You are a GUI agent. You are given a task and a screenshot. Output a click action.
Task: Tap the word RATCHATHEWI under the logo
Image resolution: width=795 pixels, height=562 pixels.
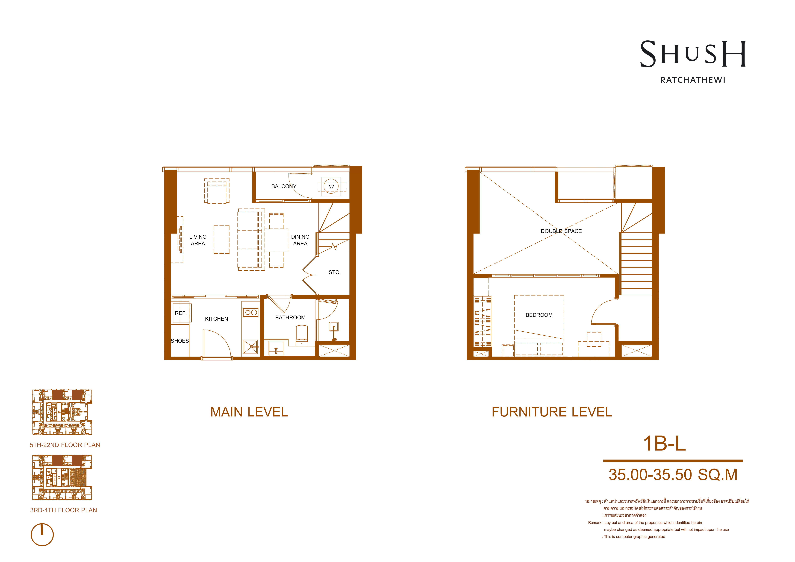point(693,80)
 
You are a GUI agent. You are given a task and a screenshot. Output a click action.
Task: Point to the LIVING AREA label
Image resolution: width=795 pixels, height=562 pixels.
point(198,240)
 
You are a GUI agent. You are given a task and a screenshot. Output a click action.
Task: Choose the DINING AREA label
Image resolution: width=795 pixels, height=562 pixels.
point(300,240)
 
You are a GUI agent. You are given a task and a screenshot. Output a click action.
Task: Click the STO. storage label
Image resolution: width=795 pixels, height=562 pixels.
point(334,272)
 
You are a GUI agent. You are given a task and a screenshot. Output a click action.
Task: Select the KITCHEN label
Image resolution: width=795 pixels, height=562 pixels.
point(216,319)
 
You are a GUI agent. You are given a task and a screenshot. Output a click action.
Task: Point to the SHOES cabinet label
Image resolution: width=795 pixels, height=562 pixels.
point(180,341)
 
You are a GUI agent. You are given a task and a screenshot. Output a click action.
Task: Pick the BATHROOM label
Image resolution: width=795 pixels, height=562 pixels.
point(290,317)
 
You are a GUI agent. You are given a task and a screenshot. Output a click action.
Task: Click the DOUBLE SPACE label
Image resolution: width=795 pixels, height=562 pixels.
point(561,231)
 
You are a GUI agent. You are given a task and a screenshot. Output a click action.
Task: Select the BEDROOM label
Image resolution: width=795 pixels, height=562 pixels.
point(539,315)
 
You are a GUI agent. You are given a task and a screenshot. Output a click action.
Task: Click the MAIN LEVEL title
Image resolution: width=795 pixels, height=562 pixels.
point(249,412)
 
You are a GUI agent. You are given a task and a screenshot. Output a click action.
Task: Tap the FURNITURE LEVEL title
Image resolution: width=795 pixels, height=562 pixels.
point(552,412)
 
